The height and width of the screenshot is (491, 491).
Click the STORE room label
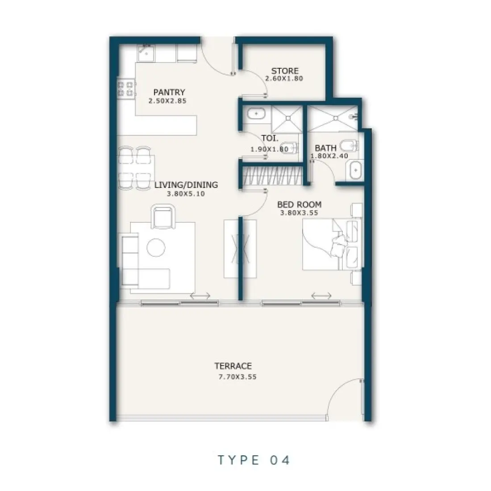tap(285, 71)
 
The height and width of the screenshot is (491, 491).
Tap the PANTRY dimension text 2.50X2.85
tap(167, 101)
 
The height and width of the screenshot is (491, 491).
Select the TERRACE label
tap(233, 366)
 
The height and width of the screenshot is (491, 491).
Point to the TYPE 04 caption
tap(254, 460)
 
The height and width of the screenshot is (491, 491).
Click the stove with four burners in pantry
tap(126, 88)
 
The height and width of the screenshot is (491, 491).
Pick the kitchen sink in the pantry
tap(146, 53)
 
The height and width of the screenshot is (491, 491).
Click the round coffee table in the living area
tap(156, 247)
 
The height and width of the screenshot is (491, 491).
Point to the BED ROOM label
tap(299, 204)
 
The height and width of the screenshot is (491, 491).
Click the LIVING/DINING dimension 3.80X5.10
tap(186, 194)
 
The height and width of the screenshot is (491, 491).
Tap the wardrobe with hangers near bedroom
tap(273, 175)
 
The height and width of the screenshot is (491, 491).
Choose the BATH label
tap(326, 148)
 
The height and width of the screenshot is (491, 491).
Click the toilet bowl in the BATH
tap(348, 146)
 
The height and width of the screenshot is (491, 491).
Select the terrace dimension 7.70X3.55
tap(237, 377)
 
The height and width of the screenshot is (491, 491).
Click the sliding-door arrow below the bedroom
tap(321, 295)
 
